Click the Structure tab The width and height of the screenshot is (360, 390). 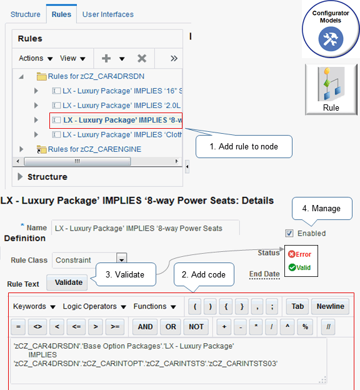(26, 14)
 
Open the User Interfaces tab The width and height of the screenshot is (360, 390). (108, 14)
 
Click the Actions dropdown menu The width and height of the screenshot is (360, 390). (36, 58)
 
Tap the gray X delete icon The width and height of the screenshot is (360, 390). (142, 59)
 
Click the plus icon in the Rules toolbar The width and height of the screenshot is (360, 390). (106, 59)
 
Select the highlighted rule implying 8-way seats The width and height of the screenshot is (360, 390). (116, 121)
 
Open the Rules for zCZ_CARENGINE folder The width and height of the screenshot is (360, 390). (94, 149)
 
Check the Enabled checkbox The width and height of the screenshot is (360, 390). (289, 233)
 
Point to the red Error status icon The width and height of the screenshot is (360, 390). (292, 254)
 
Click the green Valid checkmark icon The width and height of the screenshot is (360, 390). (292, 267)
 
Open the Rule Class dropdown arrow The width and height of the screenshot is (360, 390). (122, 260)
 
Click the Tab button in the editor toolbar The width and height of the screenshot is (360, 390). (297, 306)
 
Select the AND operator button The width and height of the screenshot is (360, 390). (145, 327)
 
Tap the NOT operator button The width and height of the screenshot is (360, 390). (196, 327)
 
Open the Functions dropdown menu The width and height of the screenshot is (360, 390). (155, 306)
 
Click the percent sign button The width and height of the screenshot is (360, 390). (305, 327)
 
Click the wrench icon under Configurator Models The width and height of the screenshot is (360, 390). (331, 39)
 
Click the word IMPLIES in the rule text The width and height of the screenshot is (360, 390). (42, 355)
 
